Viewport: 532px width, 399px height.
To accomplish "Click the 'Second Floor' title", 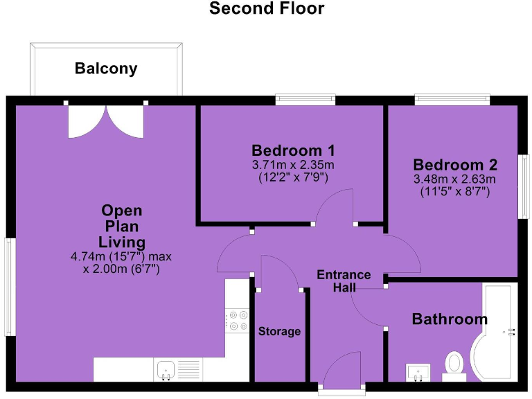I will (266, 9).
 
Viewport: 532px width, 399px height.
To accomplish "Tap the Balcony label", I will (106, 69).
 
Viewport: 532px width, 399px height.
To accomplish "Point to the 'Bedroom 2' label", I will (455, 165).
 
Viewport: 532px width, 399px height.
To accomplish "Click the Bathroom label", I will (450, 319).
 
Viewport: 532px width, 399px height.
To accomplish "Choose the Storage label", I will (279, 331).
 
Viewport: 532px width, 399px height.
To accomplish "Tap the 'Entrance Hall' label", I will (344, 281).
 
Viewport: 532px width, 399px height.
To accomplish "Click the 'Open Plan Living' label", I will (122, 226).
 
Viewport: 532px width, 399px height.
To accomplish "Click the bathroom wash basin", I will (418, 371).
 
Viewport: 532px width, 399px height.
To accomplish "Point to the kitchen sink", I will (166, 369).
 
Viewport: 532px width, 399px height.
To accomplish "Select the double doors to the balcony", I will (106, 119).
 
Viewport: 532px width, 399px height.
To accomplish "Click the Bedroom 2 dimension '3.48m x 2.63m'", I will (455, 179).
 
